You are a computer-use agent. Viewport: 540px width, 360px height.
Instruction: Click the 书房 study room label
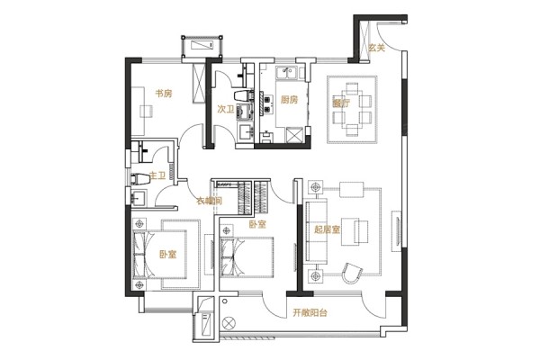[164, 94]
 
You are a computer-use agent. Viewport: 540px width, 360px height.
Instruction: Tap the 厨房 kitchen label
[289, 100]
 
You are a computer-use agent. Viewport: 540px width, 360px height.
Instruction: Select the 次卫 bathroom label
[226, 110]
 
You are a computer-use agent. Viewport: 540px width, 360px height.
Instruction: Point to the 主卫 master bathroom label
[157, 175]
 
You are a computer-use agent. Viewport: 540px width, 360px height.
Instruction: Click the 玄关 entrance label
[376, 48]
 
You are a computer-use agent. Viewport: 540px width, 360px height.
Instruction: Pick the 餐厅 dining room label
[341, 103]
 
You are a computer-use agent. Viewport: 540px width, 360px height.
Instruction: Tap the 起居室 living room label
[327, 229]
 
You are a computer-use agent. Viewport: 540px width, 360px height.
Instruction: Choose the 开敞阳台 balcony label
[310, 313]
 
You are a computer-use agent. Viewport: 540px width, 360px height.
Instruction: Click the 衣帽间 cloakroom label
[210, 201]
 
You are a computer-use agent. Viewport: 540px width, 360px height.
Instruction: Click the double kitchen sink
[286, 73]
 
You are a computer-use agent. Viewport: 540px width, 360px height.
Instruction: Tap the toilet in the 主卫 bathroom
[139, 179]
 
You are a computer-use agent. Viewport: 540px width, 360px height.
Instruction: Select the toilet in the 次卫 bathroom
[244, 95]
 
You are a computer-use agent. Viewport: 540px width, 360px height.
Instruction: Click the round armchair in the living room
[352, 273]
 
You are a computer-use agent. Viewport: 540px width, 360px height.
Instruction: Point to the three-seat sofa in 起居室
[316, 232]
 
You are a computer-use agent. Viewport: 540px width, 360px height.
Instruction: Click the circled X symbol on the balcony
[229, 323]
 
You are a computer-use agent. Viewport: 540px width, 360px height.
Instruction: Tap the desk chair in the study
[146, 111]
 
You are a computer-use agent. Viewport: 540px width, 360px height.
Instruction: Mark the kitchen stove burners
[267, 102]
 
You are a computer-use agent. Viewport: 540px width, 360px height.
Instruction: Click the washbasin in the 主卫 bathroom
[139, 198]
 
